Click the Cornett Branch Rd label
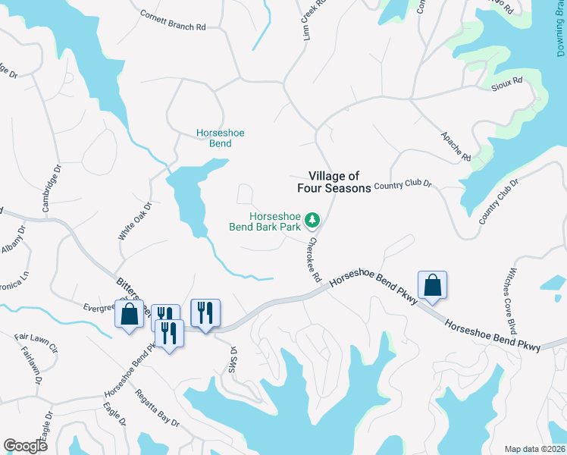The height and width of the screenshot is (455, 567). click(x=173, y=20)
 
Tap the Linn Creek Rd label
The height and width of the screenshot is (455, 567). click(x=315, y=18)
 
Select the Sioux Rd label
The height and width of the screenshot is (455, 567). click(x=507, y=80)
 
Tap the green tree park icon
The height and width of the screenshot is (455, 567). click(x=312, y=221)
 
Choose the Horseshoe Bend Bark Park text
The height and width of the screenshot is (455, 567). click(x=264, y=221)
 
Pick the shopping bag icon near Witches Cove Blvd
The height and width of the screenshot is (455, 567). click(x=432, y=286)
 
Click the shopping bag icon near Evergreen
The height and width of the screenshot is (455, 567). click(x=129, y=314)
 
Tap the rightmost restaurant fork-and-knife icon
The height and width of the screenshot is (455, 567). click(x=205, y=312)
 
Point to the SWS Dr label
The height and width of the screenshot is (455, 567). click(x=233, y=356)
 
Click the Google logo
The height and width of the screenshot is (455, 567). click(x=25, y=446)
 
